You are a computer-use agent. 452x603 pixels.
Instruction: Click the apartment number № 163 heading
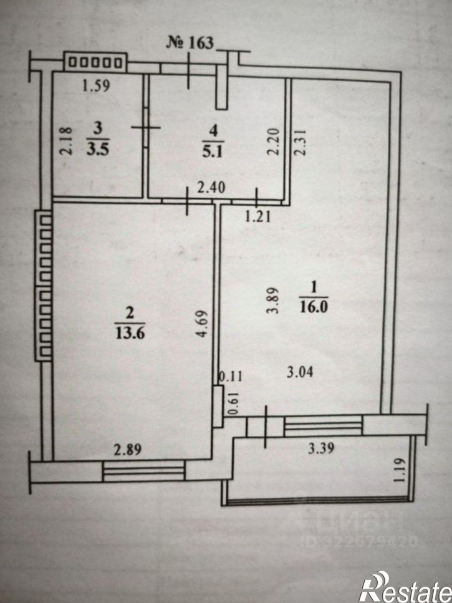(190, 42)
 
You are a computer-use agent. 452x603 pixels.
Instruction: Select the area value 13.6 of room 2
(130, 333)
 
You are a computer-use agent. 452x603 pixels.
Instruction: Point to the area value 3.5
(98, 149)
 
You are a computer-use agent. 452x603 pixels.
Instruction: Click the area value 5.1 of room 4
(213, 152)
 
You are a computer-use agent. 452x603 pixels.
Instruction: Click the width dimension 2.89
(128, 450)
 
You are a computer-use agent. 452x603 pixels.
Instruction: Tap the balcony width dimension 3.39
(321, 448)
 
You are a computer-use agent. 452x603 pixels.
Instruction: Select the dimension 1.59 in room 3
(97, 85)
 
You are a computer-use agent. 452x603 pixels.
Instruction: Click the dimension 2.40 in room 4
(211, 188)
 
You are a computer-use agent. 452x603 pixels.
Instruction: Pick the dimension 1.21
(258, 216)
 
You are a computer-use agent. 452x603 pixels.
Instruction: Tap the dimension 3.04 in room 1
(300, 372)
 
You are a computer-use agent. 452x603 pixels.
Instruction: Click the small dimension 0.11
(231, 376)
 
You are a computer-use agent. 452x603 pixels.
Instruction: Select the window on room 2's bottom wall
(144, 471)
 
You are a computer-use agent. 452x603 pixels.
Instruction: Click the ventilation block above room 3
(95, 62)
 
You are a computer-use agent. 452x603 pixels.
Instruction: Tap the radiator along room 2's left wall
(44, 285)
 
